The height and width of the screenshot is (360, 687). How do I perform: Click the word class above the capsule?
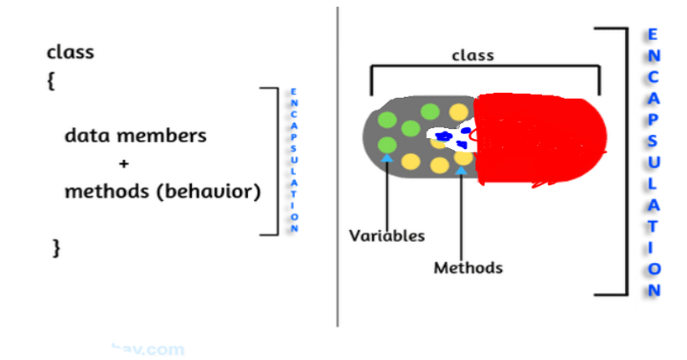(x=473, y=56)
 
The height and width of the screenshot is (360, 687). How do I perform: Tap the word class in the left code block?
(x=70, y=52)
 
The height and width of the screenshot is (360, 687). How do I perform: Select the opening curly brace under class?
(x=51, y=82)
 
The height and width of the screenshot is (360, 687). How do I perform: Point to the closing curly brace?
(x=56, y=247)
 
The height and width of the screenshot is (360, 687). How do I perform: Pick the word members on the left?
(x=163, y=136)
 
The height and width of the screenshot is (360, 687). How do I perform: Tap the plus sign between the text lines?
(x=124, y=163)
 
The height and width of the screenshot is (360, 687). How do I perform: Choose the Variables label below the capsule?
(x=387, y=235)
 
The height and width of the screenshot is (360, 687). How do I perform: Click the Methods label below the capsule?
(x=468, y=268)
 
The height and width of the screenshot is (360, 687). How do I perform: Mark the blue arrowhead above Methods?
(x=462, y=171)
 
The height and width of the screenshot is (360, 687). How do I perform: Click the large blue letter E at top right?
(x=653, y=35)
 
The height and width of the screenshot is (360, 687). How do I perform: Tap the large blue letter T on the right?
(x=653, y=226)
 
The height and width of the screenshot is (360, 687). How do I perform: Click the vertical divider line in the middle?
(x=338, y=167)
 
